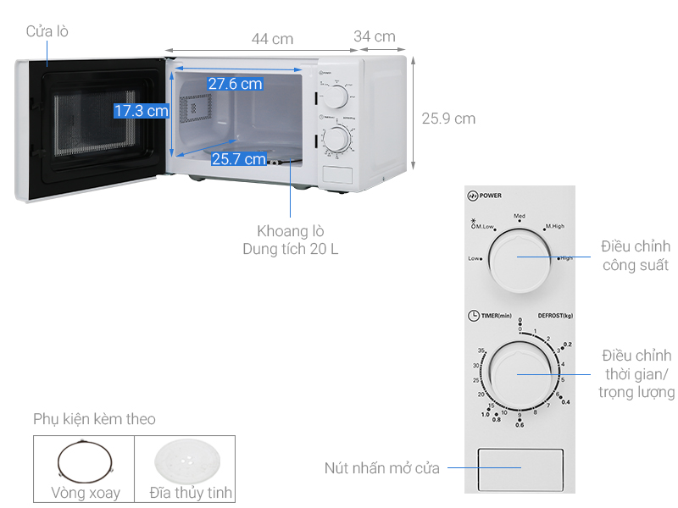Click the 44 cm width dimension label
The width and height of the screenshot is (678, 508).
[272, 39]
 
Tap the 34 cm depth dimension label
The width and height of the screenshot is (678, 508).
[375, 36]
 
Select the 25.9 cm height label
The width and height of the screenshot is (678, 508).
[448, 119]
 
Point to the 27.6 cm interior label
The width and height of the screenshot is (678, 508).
[235, 84]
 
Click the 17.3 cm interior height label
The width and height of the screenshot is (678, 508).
[142, 111]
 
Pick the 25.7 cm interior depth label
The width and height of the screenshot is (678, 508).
[238, 158]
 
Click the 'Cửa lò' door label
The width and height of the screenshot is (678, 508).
[47, 31]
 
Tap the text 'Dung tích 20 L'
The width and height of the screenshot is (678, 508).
[291, 249]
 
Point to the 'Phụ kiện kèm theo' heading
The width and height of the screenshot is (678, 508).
[94, 419]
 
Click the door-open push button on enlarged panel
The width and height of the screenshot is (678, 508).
[520, 467]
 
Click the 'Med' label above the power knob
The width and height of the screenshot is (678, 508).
[520, 216]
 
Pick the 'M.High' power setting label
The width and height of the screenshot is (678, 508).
[555, 227]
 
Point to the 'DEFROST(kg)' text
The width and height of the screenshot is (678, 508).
[555, 316]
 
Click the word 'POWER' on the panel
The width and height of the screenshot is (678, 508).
[491, 196]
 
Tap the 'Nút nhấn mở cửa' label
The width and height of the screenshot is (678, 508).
[381, 468]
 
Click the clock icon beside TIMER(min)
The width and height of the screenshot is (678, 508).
[473, 316]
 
